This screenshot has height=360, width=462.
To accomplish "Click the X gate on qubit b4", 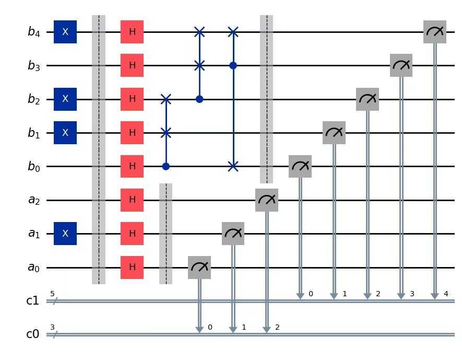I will click(x=65, y=32).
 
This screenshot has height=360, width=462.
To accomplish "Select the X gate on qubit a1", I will click(x=65, y=234).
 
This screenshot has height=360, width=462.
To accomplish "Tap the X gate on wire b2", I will click(x=65, y=99).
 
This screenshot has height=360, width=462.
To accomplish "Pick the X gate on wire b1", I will click(x=65, y=133).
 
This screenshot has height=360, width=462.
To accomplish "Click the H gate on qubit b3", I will click(x=132, y=66).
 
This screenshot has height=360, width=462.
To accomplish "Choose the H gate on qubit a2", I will click(x=132, y=200).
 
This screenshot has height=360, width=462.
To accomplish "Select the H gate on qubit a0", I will click(x=132, y=268).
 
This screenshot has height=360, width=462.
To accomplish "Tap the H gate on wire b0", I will click(x=132, y=167).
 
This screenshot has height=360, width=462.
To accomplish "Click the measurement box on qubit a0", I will click(x=199, y=268).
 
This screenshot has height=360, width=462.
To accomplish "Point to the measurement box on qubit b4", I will click(x=434, y=32).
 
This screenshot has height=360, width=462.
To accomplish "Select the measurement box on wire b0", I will click(x=300, y=167).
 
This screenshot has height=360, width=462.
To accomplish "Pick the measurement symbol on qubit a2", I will click(x=267, y=200).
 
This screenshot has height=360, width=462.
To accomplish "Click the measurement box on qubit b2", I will click(x=367, y=99).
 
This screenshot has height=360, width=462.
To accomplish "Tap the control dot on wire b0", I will click(x=166, y=167).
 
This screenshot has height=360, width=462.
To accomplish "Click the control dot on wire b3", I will click(x=233, y=66).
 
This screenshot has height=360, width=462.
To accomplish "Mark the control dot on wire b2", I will click(x=199, y=99).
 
